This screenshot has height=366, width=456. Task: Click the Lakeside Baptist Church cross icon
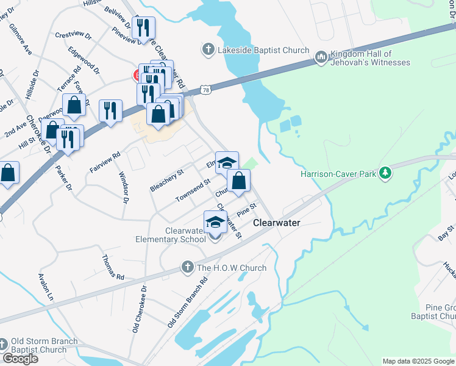click(208, 50)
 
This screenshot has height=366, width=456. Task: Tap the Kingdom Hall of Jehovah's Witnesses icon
click(321, 58)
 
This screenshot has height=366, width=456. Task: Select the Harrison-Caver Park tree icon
click(385, 174)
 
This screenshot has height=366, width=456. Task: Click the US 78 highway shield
click(207, 90)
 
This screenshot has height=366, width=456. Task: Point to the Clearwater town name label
click(277, 223)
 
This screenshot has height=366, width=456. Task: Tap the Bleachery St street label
click(166, 181)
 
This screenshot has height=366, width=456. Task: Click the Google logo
click(20, 359)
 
